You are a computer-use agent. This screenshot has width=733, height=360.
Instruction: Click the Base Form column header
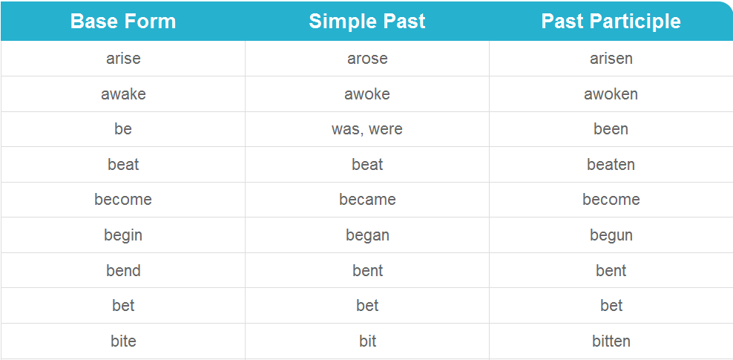pos(123,22)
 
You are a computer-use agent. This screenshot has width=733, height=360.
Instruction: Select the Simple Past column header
pos(367,22)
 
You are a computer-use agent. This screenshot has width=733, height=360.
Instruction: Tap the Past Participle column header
pos(611,22)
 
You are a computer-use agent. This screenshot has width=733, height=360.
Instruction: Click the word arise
pos(123,59)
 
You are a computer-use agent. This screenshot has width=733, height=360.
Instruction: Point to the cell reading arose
pos(367,59)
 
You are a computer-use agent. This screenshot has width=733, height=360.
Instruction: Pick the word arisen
pos(611,59)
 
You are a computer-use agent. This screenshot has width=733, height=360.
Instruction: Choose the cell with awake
pos(123,94)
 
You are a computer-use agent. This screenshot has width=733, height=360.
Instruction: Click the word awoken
pos(611,94)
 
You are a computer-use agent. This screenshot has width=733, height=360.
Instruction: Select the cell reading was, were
pos(367,129)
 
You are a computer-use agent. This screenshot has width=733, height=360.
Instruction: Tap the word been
pos(611,129)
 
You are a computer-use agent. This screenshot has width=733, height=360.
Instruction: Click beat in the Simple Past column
pos(367,165)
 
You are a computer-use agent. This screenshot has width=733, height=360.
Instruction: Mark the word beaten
pos(611,165)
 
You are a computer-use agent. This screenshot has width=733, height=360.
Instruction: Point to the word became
pos(367,200)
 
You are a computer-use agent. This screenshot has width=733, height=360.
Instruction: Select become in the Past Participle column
pos(611,200)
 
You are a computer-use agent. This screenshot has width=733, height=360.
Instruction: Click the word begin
pos(123,235)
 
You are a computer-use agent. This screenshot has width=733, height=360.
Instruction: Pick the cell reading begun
pos(611,235)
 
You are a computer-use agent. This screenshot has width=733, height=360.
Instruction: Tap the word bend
pos(123,271)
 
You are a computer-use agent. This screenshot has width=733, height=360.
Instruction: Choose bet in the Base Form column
pos(123,306)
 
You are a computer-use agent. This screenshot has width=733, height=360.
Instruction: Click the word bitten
pos(611,341)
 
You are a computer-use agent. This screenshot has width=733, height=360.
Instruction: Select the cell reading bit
pos(367,341)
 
